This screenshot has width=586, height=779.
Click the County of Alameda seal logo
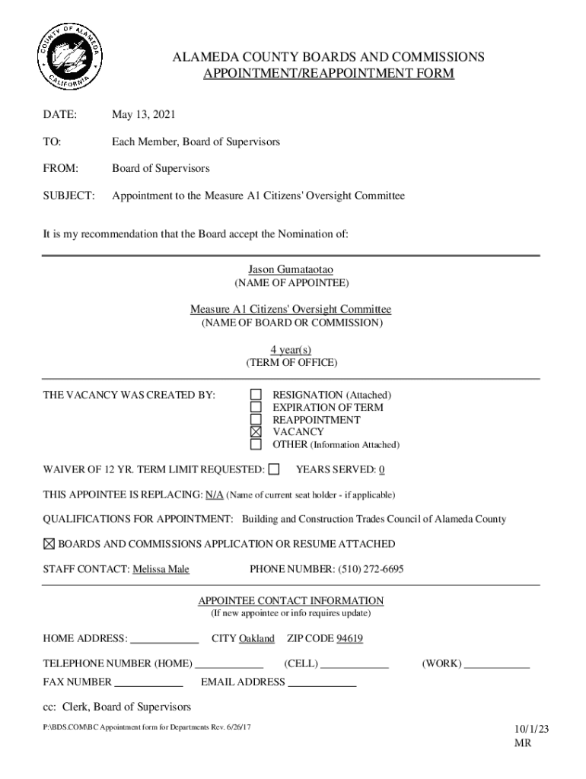coord(69,58)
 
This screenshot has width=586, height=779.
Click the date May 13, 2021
coord(144,115)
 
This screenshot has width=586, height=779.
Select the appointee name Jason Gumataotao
coord(291,269)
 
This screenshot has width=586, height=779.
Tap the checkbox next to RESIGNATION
coord(256,395)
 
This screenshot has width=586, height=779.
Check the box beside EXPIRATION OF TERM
coord(256,407)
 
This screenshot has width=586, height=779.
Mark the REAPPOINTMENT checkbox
coord(256,419)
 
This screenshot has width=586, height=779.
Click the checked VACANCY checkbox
coord(256,431)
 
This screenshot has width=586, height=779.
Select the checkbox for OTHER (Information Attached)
coord(256,444)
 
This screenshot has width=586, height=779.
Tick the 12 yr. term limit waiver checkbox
coord(274,469)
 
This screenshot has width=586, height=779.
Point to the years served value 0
coord(381,469)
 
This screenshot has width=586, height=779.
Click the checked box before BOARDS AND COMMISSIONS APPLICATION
coord(49,544)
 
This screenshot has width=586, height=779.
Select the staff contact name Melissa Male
coord(161,569)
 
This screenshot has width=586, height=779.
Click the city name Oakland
coord(256,638)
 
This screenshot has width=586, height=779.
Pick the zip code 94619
coord(349,638)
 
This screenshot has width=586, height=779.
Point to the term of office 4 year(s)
coord(291,349)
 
